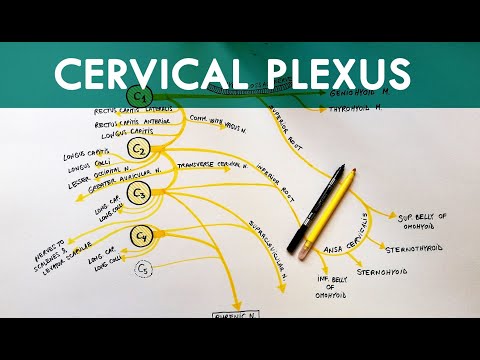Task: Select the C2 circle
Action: (140, 150)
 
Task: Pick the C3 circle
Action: (140, 194)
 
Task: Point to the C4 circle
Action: (143, 238)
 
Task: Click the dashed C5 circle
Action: (144, 268)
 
